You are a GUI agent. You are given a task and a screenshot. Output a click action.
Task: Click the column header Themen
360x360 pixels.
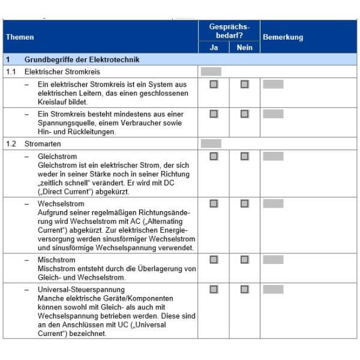20,37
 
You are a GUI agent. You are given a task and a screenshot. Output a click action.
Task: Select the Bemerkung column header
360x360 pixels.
283,37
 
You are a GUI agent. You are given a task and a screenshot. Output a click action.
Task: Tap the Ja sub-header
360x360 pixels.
214,48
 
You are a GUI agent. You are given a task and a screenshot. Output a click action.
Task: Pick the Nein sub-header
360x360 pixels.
245,48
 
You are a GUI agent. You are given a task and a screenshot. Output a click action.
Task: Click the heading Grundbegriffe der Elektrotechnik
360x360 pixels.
82,60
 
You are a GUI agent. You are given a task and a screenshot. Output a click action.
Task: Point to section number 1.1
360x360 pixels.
11,72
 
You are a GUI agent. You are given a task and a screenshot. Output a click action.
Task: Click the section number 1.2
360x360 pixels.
11,144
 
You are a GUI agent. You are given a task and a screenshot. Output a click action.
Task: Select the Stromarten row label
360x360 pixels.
43,144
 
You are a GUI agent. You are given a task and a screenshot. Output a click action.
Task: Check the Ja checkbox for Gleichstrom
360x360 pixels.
214,157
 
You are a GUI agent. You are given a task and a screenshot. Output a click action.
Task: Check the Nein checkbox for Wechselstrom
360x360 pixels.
245,203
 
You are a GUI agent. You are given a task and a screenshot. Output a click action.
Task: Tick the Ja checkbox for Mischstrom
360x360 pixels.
214,260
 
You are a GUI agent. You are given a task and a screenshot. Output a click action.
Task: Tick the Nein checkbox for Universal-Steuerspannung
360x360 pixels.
245,289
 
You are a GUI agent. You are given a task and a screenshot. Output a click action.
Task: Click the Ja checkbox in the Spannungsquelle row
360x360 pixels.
214,113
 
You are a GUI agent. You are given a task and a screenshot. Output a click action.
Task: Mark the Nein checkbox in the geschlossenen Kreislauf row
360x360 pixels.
245,85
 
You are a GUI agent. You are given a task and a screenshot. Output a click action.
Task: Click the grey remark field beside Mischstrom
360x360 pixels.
273,260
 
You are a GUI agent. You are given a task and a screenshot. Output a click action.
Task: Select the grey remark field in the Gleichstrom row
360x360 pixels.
273,157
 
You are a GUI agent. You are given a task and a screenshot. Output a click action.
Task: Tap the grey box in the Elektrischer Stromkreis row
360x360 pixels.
211,72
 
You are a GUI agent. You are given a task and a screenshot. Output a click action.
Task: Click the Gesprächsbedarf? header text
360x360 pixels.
229,31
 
